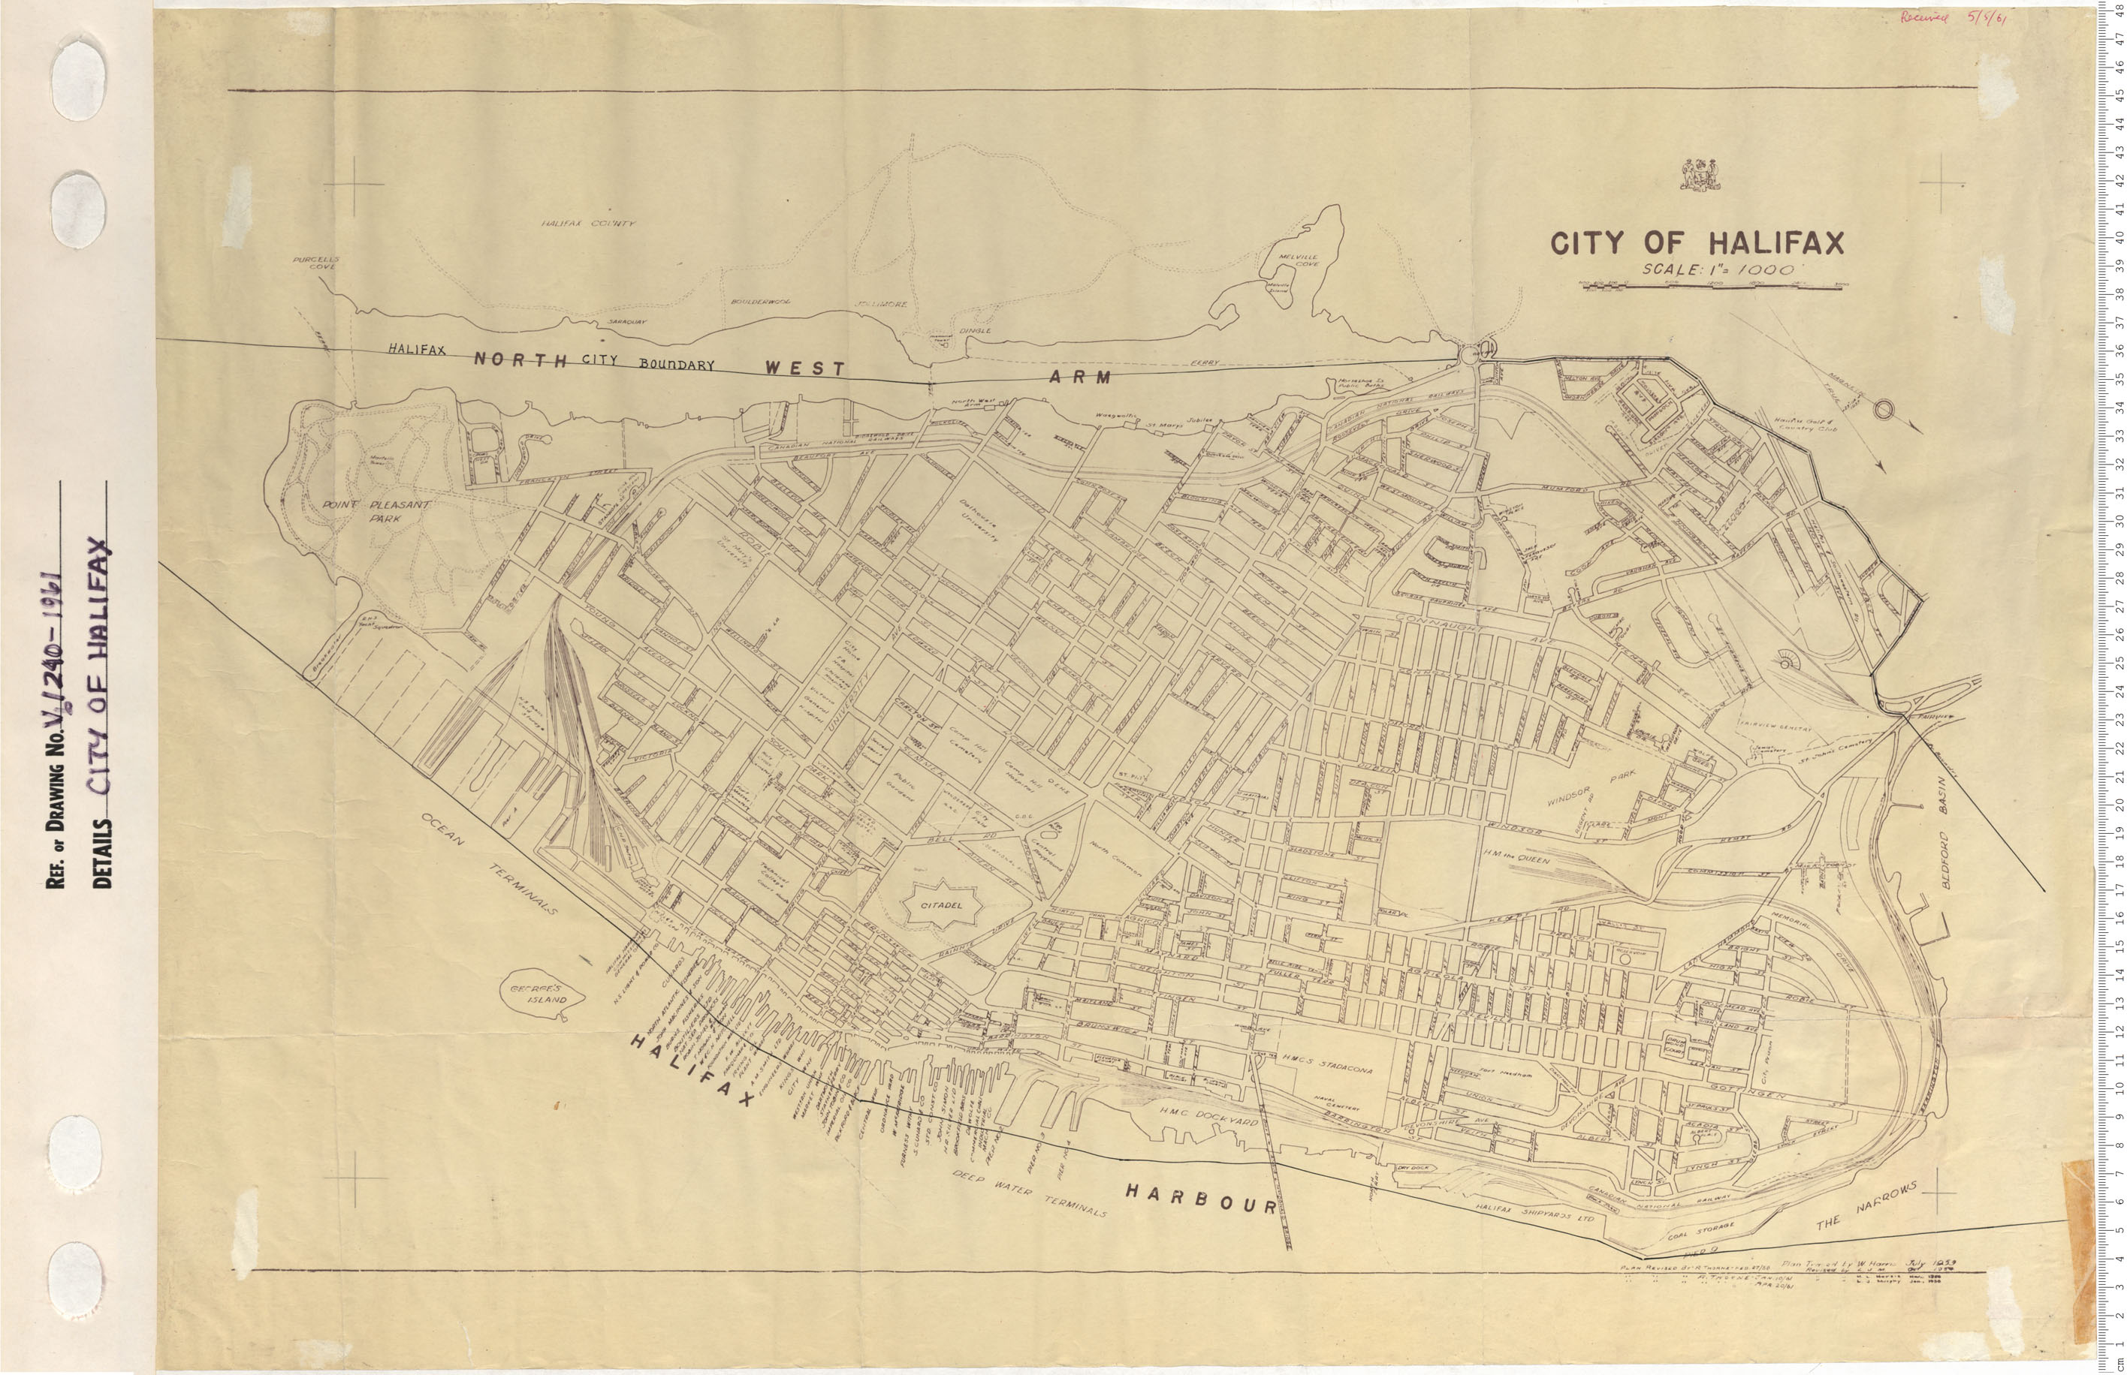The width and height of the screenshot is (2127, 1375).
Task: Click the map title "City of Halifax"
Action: [1697, 243]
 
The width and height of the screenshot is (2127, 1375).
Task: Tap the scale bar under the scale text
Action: [1711, 286]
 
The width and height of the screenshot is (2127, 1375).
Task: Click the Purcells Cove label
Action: [315, 263]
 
